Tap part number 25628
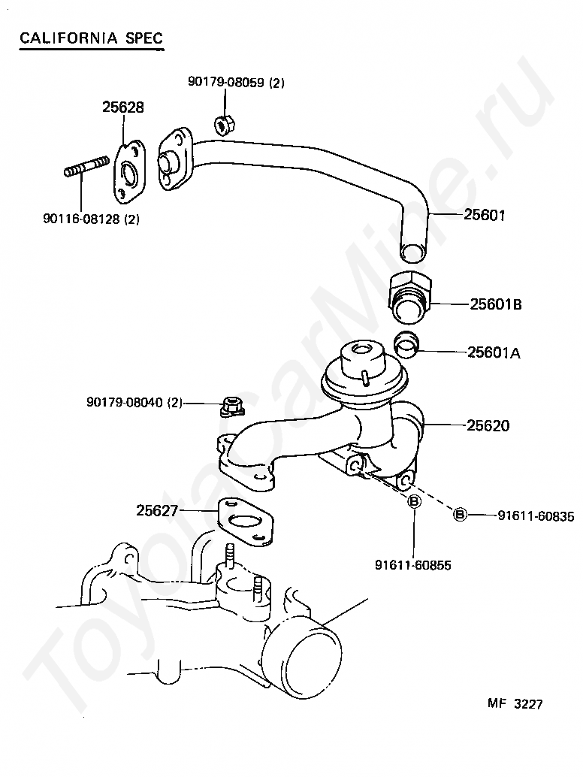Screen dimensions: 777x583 123,107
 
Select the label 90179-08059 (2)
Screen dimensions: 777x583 236,83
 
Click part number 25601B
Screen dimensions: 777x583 496,304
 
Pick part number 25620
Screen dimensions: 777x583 488,425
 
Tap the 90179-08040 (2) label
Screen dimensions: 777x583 134,403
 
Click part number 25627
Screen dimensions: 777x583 157,510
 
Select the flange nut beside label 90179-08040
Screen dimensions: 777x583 231,407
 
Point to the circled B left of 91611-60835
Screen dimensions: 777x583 460,515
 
